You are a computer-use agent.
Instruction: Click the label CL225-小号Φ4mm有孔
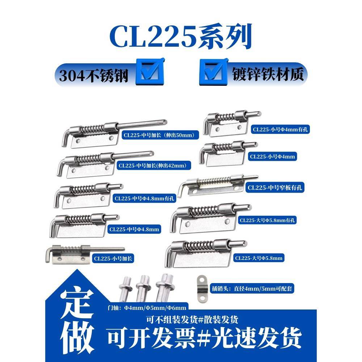[x=281, y=129]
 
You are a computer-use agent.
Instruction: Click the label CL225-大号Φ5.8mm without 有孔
[x=258, y=258]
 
